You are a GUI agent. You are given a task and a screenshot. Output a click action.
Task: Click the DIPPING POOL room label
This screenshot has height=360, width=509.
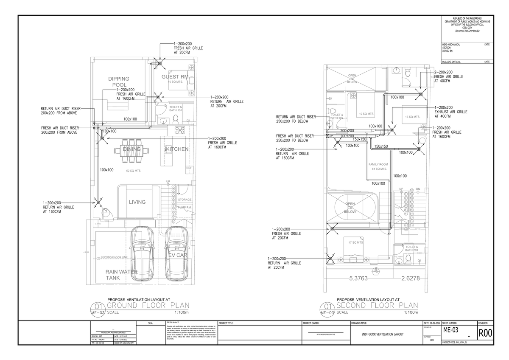point(118,82)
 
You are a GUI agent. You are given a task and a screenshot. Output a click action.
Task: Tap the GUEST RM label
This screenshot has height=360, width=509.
point(175,77)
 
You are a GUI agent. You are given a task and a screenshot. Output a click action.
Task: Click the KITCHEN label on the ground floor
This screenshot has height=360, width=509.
point(177,149)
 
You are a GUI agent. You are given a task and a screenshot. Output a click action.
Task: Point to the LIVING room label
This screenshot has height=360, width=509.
point(137,202)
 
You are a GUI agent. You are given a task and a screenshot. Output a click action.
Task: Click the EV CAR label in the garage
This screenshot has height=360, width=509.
point(178,256)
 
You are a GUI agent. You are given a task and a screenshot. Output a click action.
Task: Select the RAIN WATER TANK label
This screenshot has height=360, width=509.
point(121,275)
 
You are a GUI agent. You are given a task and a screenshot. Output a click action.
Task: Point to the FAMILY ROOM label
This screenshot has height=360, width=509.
point(378,166)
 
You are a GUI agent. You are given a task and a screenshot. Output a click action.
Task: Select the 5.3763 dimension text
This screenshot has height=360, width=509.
point(358,279)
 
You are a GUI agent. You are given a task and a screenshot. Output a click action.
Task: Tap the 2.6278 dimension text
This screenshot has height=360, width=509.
point(410,279)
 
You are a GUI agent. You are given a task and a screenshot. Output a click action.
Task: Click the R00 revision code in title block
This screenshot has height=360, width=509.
point(485,334)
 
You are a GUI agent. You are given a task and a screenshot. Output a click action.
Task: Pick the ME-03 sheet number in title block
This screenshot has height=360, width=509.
point(452,330)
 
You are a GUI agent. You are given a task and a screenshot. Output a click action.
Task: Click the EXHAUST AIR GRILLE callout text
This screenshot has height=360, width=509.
point(450,112)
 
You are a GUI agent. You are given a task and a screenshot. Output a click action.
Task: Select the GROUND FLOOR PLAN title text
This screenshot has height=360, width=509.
point(148,306)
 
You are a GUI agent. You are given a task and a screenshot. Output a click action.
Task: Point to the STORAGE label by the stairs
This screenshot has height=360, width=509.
point(185,200)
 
